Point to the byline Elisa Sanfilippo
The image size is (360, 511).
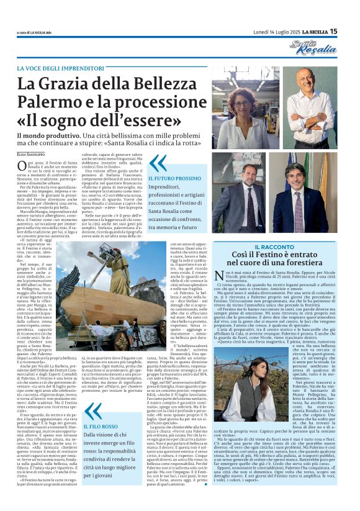point(30,153)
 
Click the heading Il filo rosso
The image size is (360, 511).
point(101,427)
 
